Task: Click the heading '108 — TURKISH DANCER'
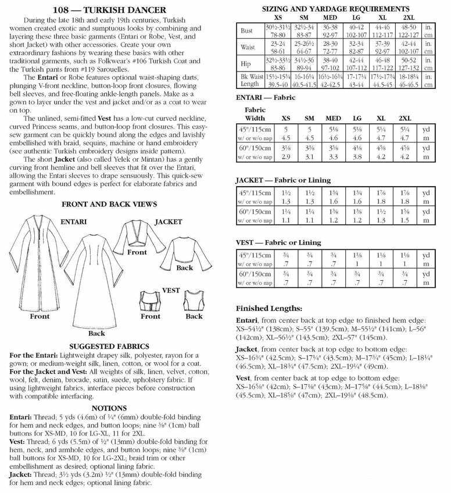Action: (114, 10)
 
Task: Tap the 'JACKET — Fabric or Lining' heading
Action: (281, 180)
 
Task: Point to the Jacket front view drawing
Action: (137, 240)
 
